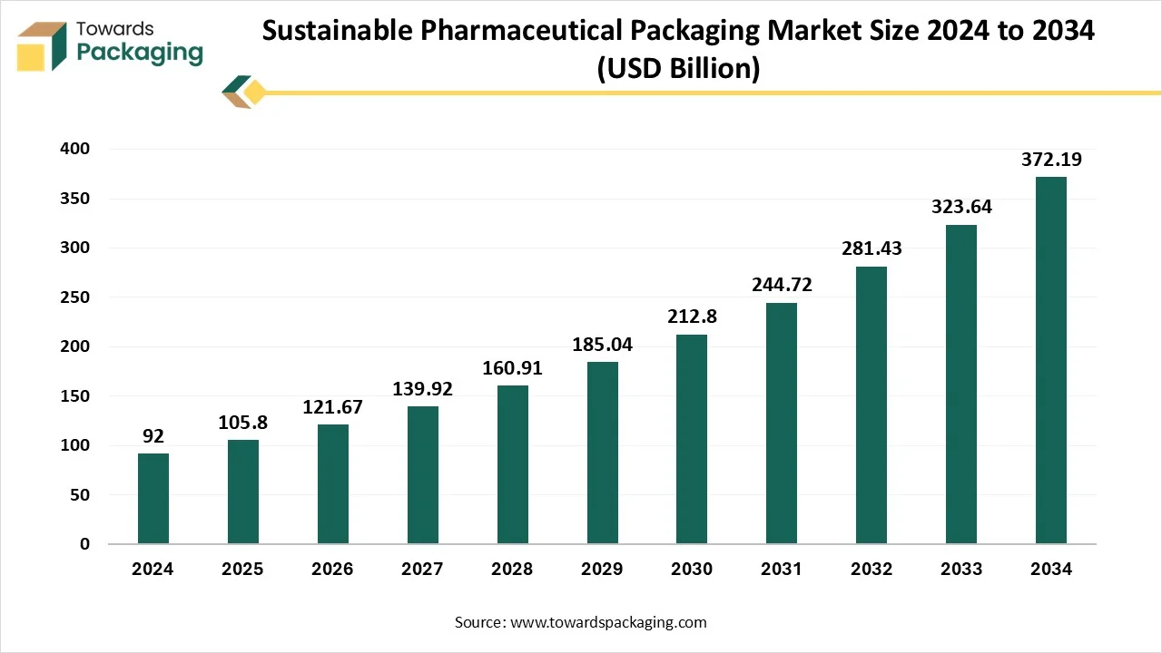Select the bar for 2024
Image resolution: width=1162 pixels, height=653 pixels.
click(153, 498)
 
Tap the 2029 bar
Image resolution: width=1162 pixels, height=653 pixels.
click(603, 453)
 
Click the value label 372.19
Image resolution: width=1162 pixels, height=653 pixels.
click(1051, 161)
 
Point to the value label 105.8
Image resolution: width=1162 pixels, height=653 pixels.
click(242, 424)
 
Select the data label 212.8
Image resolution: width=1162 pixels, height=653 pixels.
click(692, 317)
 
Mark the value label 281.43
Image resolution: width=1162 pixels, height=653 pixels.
click(871, 249)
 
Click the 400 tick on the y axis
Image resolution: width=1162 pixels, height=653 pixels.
click(75, 149)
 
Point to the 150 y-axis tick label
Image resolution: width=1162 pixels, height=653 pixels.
click(75, 396)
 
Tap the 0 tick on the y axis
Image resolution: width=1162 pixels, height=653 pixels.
click(84, 544)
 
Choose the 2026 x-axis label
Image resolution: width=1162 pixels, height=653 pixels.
click(332, 570)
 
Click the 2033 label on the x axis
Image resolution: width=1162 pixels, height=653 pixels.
click(961, 570)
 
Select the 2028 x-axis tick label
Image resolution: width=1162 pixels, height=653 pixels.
click(512, 570)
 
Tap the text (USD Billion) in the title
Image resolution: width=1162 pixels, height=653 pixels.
click(677, 69)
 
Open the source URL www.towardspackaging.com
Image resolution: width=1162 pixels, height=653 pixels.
click(608, 622)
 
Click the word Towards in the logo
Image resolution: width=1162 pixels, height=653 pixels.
click(115, 29)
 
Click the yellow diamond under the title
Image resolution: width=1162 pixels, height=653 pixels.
click(255, 92)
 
